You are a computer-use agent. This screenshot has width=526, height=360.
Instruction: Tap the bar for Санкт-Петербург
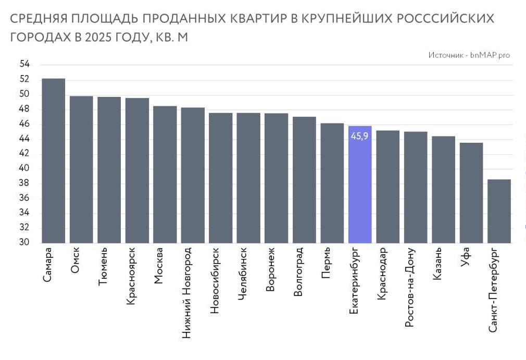499,211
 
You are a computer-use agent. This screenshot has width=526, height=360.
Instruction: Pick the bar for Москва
165,175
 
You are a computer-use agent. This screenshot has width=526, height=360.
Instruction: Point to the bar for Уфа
471,193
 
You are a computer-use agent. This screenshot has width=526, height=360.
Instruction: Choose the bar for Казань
443,190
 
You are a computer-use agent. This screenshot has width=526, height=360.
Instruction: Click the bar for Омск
81,169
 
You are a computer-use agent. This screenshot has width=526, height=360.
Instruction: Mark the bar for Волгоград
304,180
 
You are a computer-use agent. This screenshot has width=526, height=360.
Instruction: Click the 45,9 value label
360,136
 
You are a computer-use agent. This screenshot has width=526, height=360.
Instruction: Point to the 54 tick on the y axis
24,65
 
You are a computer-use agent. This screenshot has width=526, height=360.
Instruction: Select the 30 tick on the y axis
24,243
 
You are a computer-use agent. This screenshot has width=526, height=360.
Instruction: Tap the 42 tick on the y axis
24,154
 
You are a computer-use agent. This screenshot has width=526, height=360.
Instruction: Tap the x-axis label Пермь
326,263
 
